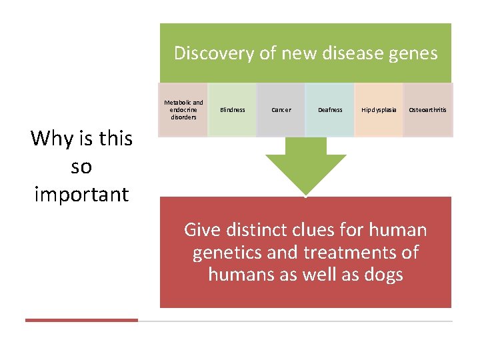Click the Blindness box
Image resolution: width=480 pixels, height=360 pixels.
pyautogui.click(x=232, y=110)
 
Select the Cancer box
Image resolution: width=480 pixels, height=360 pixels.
pyautogui.click(x=281, y=110)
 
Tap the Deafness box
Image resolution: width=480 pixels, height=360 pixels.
pyautogui.click(x=330, y=110)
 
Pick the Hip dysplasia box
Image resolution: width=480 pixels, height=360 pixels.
pyautogui.click(x=379, y=110)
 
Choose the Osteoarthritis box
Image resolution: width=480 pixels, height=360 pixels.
pyautogui.click(x=427, y=110)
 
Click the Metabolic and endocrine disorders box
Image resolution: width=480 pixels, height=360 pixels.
pyautogui.click(x=183, y=110)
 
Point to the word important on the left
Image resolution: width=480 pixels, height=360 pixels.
pyautogui.click(x=81, y=195)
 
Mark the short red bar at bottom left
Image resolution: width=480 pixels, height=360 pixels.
pyautogui.click(x=81, y=320)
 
